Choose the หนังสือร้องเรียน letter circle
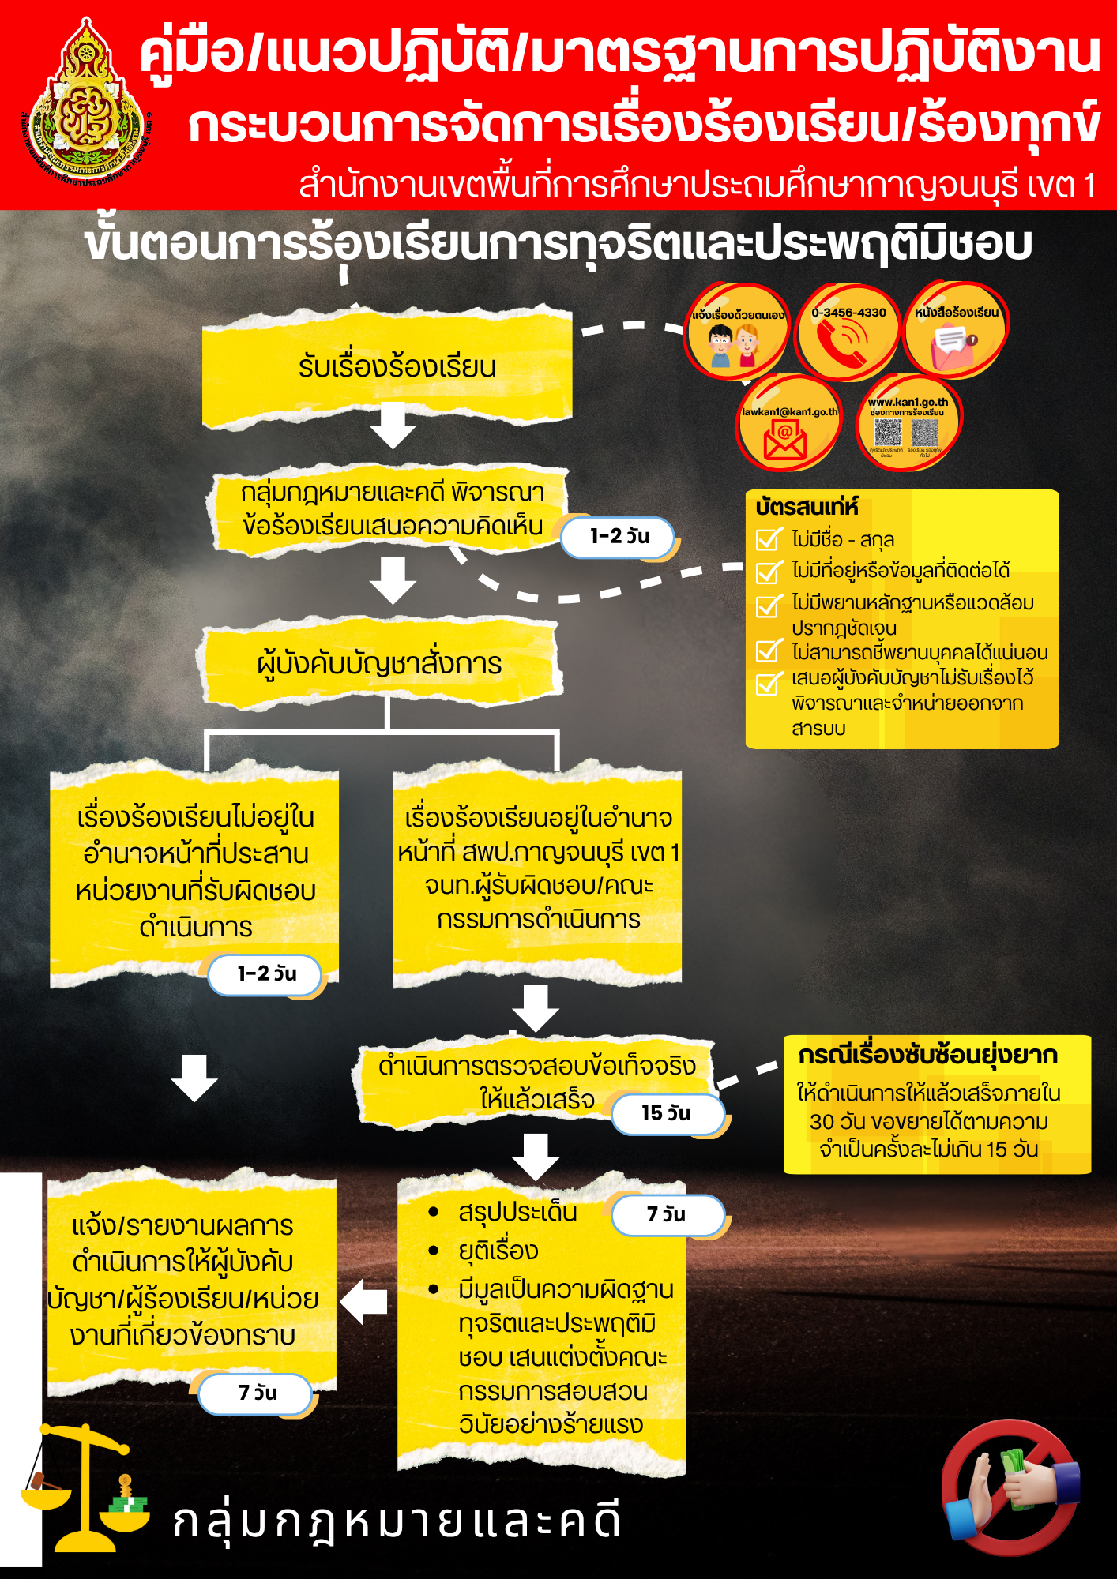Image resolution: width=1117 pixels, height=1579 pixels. tap(956, 332)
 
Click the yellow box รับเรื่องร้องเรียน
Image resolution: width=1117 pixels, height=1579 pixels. tap(387, 368)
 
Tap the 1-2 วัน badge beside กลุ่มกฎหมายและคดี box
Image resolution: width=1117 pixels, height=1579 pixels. tap(619, 538)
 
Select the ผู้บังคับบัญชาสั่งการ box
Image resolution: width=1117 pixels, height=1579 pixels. tap(381, 664)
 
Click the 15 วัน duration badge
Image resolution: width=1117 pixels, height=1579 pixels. tap(667, 1114)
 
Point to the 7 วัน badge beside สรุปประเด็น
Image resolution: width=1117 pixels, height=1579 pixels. tap(667, 1215)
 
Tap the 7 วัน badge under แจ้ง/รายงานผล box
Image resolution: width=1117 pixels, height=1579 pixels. tap(257, 1393)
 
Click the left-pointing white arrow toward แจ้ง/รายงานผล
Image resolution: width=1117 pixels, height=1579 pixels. tap(364, 1301)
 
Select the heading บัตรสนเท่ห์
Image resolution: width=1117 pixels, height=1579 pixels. tap(806, 507)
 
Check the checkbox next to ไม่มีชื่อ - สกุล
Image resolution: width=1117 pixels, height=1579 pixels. tap(768, 540)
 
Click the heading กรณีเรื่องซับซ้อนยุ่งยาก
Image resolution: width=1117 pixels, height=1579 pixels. tap(927, 1056)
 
